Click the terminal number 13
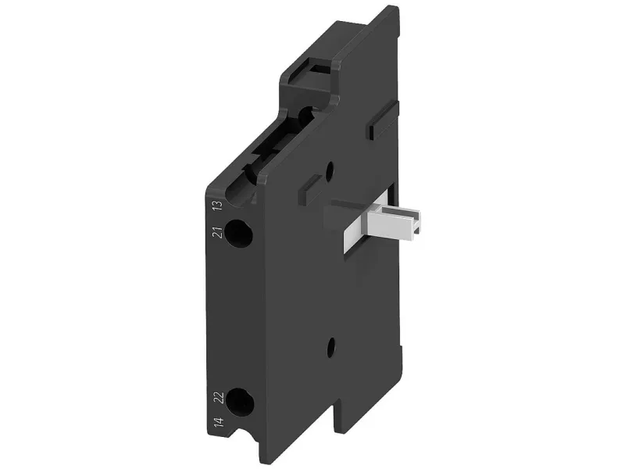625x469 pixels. (218, 206)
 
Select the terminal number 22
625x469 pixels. (220, 398)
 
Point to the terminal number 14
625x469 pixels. (219, 422)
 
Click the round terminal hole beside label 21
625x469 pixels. (238, 234)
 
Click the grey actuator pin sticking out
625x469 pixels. (393, 224)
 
